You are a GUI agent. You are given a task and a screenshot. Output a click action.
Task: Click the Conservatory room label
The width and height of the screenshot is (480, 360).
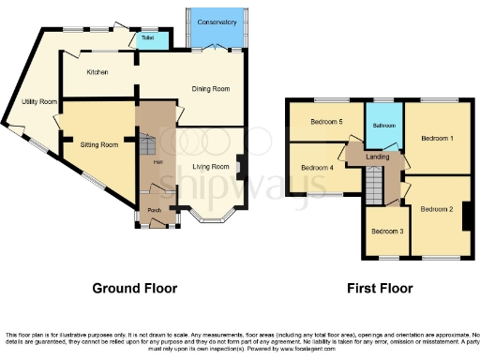pyautogui.click(x=217, y=22)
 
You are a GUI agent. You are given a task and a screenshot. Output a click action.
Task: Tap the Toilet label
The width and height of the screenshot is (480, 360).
pyautogui.click(x=148, y=38)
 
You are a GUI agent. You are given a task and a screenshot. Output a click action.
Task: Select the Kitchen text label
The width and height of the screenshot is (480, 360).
pyautogui.click(x=97, y=72)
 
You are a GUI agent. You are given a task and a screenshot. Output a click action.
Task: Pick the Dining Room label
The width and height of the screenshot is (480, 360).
pyautogui.click(x=211, y=89)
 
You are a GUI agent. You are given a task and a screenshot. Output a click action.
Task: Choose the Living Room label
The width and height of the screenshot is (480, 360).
pyautogui.click(x=211, y=167)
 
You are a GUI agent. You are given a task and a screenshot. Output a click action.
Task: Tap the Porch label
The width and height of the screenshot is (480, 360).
pyautogui.click(x=155, y=211)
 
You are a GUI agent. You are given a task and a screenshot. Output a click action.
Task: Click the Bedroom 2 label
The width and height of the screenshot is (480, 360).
pyautogui.click(x=436, y=209)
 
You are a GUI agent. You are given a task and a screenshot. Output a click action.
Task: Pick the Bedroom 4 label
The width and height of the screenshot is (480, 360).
pyautogui.click(x=318, y=168)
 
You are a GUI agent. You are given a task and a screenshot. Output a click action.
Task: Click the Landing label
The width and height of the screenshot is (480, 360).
pyautogui.click(x=378, y=157)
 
